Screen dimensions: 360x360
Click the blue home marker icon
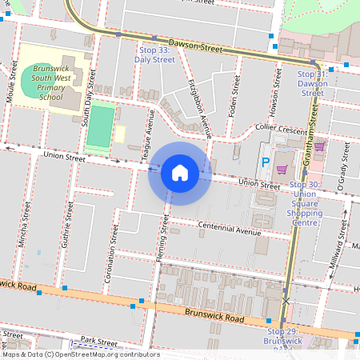(180, 172)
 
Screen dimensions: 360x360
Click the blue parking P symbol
(266, 163)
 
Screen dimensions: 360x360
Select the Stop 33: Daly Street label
(154, 54)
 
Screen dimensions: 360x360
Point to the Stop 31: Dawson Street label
(312, 83)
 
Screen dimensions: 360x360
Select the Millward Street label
(341, 248)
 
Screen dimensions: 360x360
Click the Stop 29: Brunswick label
(285, 336)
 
